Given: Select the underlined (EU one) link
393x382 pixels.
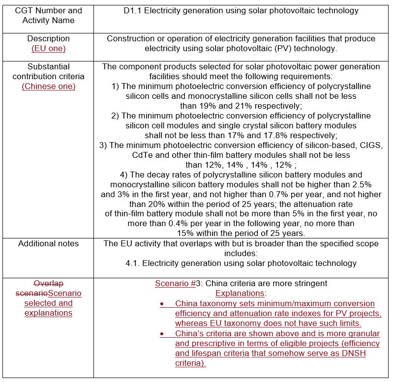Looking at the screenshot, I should click(x=48, y=48).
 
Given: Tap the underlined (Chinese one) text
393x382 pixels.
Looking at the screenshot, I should click(x=48, y=86).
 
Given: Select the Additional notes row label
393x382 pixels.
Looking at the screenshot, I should click(x=48, y=243).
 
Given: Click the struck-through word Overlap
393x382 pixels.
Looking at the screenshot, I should click(x=48, y=284).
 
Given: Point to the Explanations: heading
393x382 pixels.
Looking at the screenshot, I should click(x=241, y=294).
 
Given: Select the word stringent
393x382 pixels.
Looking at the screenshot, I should click(x=310, y=284).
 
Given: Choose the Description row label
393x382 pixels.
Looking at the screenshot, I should click(x=48, y=38).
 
